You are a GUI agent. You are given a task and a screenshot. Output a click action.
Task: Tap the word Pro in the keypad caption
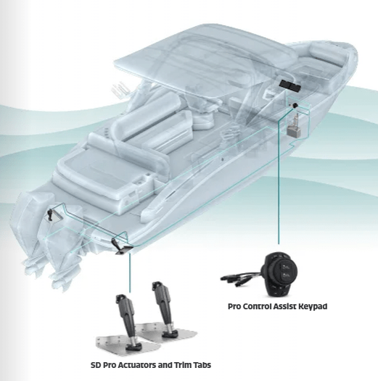coord(234,306)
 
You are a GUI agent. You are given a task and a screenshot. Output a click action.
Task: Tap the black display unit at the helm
coord(290,85)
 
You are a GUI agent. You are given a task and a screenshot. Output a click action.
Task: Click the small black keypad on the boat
coord(295,106)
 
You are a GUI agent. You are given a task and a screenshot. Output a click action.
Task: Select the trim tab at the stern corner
coord(123,251)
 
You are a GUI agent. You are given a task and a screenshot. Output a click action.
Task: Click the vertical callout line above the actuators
coord(130,273)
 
